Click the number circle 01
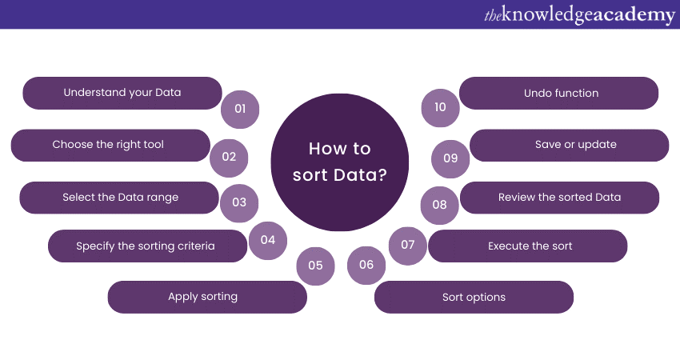[x=240, y=108]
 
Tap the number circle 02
[x=229, y=157]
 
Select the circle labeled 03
[x=239, y=202]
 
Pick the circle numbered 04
[x=267, y=240]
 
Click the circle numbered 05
[x=315, y=266]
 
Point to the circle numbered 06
[x=366, y=265]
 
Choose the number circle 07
[x=408, y=245]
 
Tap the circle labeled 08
[x=439, y=205]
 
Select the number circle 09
[x=450, y=158]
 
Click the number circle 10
[x=440, y=107]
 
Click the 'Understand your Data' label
[x=122, y=93]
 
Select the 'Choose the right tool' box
[x=108, y=145]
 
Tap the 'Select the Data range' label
[x=120, y=198]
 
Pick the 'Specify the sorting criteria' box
[x=146, y=246]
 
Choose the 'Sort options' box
[x=474, y=297]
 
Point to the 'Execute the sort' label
[x=530, y=246]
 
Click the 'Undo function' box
[x=560, y=93]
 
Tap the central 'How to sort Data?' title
[x=339, y=162]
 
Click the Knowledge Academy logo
[x=579, y=15]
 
